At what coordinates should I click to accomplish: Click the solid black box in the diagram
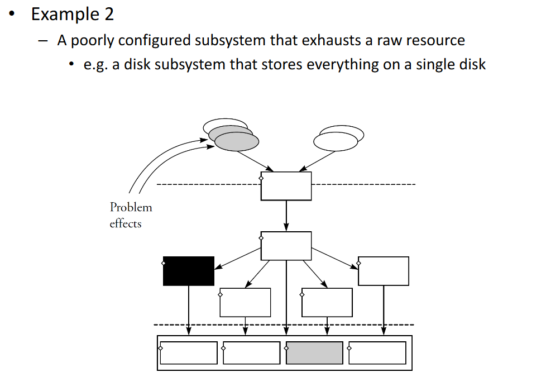189,271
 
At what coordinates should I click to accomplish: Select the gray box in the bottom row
314,353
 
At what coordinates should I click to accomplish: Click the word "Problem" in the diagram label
131,207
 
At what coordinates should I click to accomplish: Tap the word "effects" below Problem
126,224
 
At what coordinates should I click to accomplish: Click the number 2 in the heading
108,15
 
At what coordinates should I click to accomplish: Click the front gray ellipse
237,141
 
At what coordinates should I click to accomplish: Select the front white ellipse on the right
336,141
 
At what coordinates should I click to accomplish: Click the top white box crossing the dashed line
286,186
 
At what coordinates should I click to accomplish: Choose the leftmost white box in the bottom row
189,353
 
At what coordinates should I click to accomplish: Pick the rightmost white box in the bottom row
377,353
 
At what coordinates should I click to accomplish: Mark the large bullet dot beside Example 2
12,15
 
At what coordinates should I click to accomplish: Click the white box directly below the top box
286,246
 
